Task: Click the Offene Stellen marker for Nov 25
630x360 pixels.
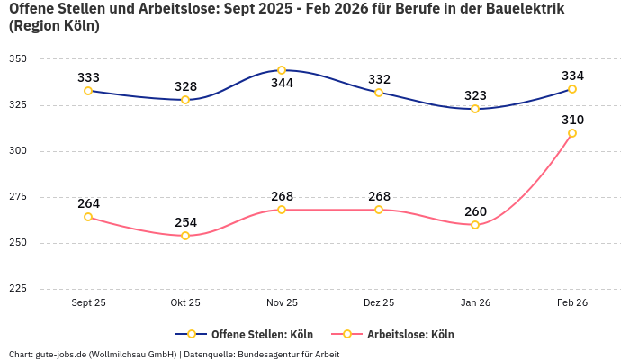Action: click(x=282, y=70)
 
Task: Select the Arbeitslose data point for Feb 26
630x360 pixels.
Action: click(x=572, y=133)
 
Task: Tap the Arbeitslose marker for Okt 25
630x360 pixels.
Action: click(x=185, y=236)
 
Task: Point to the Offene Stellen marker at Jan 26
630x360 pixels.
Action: click(x=475, y=109)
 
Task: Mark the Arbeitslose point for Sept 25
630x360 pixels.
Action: click(x=88, y=217)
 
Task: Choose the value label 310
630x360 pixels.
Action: click(x=572, y=120)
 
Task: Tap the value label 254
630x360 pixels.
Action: click(x=185, y=222)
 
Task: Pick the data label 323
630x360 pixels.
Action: click(x=475, y=95)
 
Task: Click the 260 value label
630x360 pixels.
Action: click(x=475, y=211)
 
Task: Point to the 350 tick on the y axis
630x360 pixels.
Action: click(x=18, y=59)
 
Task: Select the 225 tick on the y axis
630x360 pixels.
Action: click(x=18, y=289)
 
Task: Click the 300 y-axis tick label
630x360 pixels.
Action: click(x=18, y=151)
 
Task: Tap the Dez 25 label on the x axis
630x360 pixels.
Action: click(x=379, y=302)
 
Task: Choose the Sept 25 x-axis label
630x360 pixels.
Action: click(x=88, y=302)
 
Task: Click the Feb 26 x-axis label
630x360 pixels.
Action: click(x=572, y=302)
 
